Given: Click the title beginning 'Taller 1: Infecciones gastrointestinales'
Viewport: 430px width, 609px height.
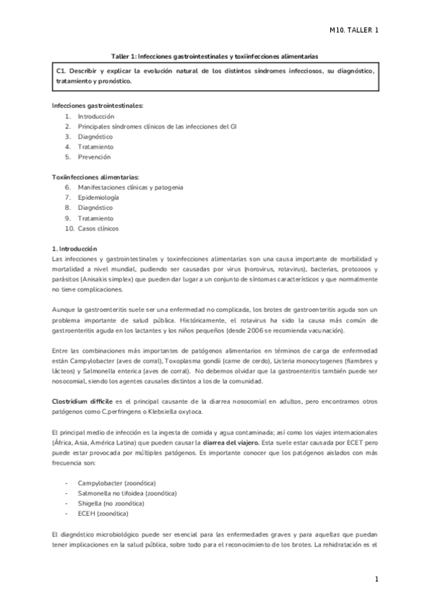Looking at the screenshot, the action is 215,55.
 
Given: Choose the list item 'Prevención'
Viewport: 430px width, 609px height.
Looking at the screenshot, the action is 94,156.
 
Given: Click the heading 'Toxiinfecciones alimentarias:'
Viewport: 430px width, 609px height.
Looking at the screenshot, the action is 96,177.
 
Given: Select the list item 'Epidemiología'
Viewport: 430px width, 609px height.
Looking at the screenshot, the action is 98,197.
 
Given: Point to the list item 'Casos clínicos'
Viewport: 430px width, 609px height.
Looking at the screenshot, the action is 98,228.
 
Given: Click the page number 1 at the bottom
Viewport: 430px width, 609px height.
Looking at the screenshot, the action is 375,579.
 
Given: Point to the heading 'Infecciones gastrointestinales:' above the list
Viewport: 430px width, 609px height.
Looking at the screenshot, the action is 98,106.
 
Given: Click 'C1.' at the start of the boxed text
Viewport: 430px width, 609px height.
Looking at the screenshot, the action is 61,71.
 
